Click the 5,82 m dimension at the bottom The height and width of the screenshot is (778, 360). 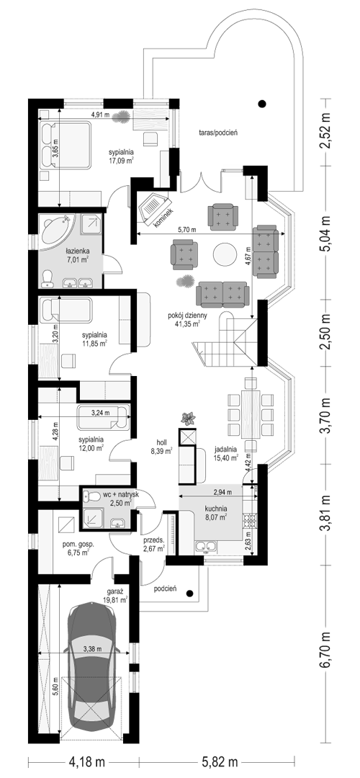pos(218,761)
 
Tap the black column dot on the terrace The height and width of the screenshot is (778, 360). pos(262,104)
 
